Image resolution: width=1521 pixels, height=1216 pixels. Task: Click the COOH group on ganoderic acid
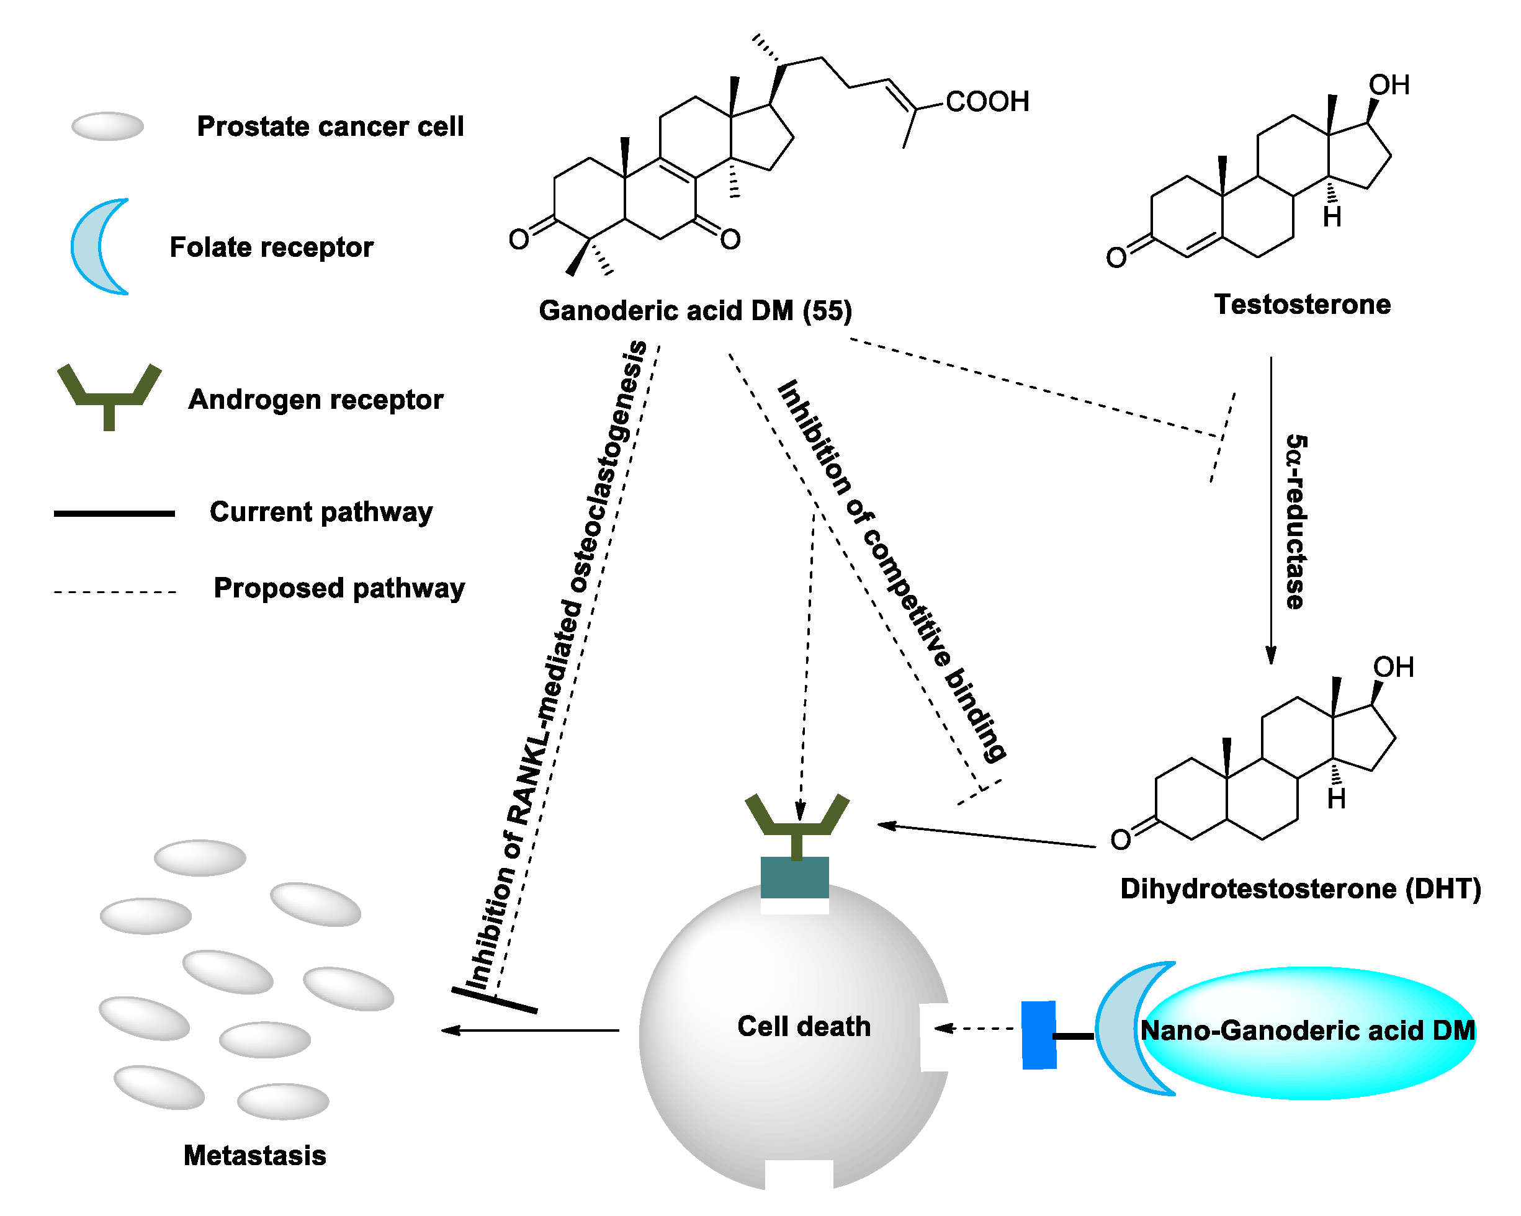click(x=986, y=102)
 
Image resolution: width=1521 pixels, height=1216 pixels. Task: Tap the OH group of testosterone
click(x=1388, y=86)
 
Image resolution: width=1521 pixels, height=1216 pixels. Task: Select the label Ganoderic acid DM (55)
click(x=695, y=310)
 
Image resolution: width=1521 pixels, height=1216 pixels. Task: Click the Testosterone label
click(x=1301, y=304)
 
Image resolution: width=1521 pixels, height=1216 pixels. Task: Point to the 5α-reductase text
click(x=1295, y=521)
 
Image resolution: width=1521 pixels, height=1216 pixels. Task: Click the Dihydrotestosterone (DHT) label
click(x=1300, y=888)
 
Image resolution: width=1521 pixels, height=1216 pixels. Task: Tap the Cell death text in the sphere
click(x=804, y=1026)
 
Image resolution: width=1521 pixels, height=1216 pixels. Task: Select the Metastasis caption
click(x=254, y=1155)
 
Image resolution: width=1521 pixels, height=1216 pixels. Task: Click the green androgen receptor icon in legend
click(x=109, y=395)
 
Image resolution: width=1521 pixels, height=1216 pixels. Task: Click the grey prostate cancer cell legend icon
click(x=108, y=127)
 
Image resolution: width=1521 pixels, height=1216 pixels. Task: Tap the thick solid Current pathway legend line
click(x=114, y=514)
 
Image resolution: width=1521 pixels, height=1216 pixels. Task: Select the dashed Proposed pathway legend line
click(x=114, y=592)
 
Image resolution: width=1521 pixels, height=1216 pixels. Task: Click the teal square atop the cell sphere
click(x=794, y=877)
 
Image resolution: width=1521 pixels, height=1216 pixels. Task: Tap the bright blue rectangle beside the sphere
click(x=1038, y=1035)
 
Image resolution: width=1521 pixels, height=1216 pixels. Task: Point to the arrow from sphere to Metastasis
click(x=529, y=1030)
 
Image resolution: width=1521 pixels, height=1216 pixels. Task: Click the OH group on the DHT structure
click(x=1393, y=667)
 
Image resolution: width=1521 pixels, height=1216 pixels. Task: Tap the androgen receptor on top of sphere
click(x=797, y=821)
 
